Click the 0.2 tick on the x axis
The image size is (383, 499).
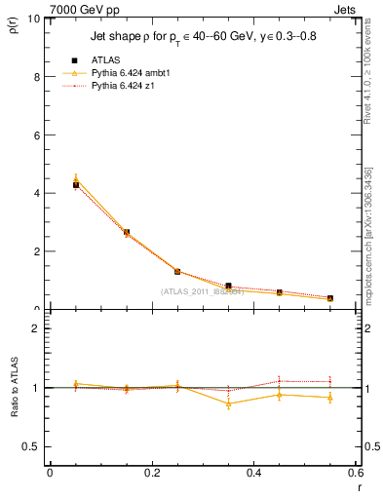point(151,473)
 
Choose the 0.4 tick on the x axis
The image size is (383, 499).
point(254,473)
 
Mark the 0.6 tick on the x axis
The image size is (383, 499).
point(356,473)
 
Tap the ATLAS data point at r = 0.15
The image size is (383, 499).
point(127,233)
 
